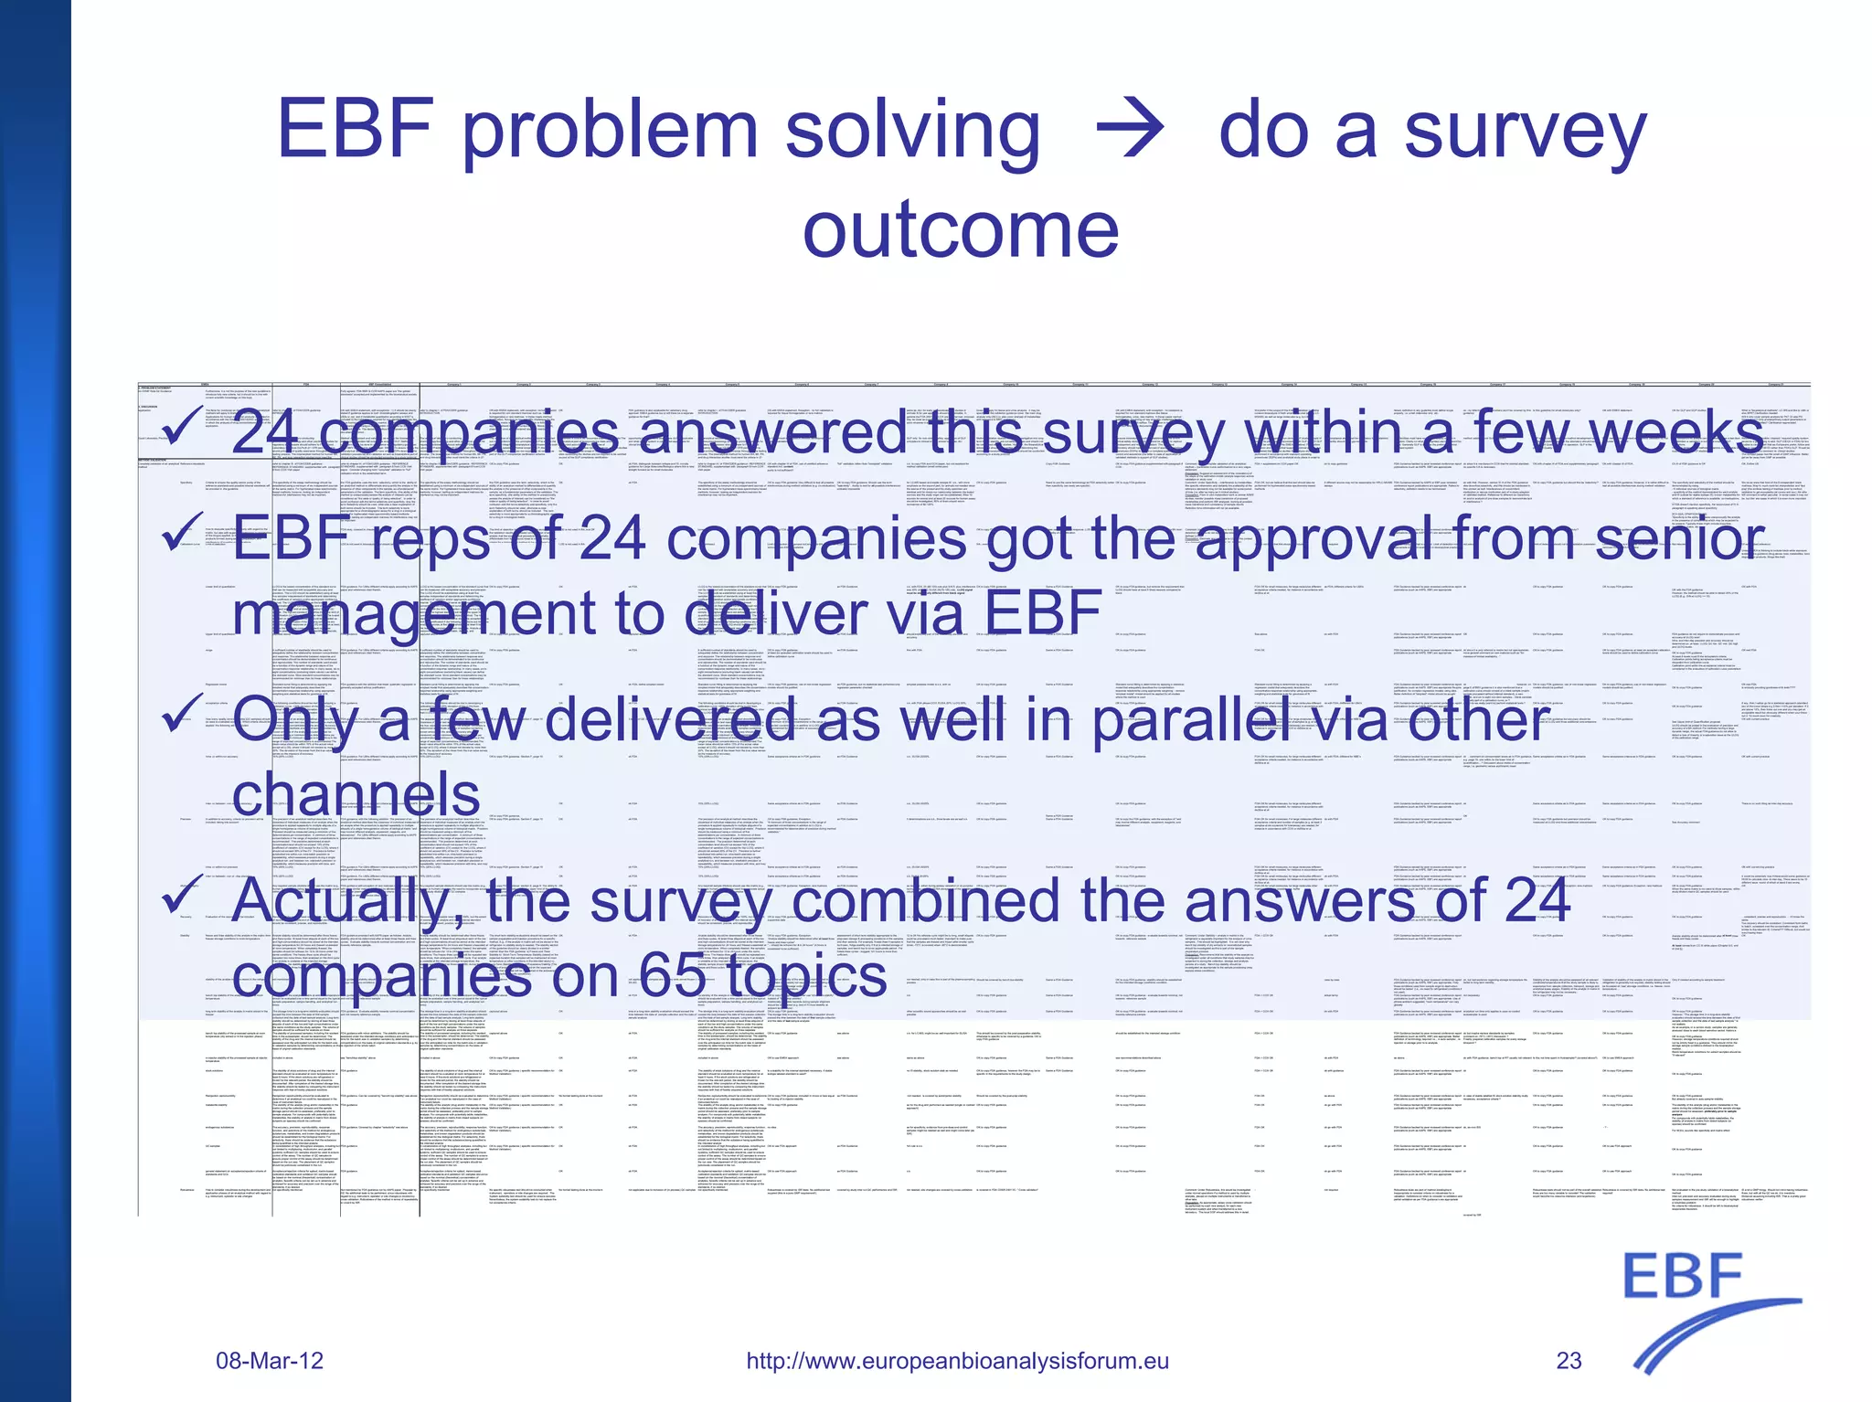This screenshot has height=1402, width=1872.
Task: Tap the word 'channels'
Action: click(x=356, y=794)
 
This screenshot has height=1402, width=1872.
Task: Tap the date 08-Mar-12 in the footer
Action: click(x=270, y=1361)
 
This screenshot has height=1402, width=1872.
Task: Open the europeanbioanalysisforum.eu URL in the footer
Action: click(x=957, y=1361)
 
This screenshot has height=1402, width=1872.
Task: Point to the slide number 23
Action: click(x=1569, y=1361)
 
